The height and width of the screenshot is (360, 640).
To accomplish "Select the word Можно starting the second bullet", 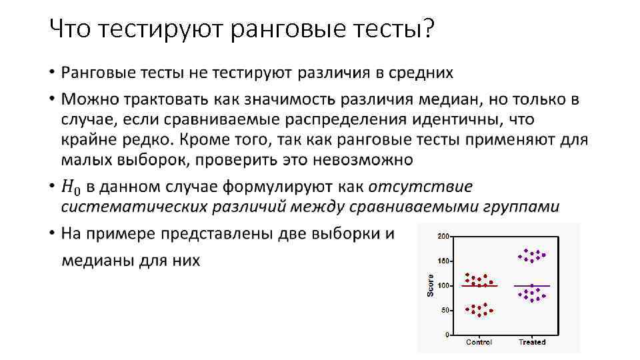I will pos(91,100).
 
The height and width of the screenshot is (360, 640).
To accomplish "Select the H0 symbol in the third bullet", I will pos(69,187).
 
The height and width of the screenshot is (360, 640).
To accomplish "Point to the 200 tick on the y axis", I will pos(443,236).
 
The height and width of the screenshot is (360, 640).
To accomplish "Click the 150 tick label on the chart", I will pos(443,261).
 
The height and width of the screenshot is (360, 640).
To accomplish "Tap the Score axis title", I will pos(430,285).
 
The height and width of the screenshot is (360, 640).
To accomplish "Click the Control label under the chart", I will pos(479,342).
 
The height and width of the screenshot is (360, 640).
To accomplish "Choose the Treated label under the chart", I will pos(532,342).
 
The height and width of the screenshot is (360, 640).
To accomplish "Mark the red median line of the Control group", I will pos(479,286).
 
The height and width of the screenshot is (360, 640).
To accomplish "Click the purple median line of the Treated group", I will pos(532,286).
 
